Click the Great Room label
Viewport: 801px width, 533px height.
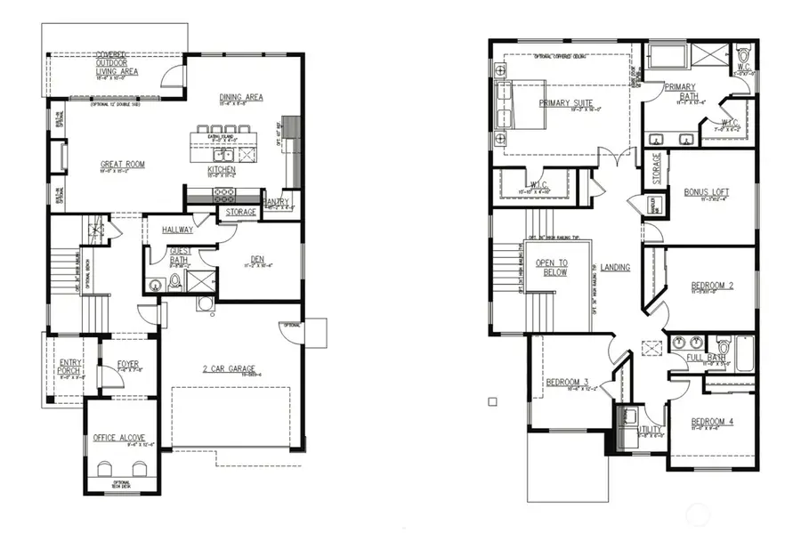122,165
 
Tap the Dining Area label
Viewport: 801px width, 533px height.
240,97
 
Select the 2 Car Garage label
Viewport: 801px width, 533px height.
230,368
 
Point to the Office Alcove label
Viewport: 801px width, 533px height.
118,438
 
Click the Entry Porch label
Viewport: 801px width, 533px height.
70,367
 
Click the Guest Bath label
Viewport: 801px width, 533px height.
181,255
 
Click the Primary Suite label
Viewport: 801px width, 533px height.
565,102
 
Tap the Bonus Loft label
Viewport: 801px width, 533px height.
707,192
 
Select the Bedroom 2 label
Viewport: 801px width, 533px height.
712,286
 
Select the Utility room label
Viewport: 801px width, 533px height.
650,429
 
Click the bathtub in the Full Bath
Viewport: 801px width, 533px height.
745,347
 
